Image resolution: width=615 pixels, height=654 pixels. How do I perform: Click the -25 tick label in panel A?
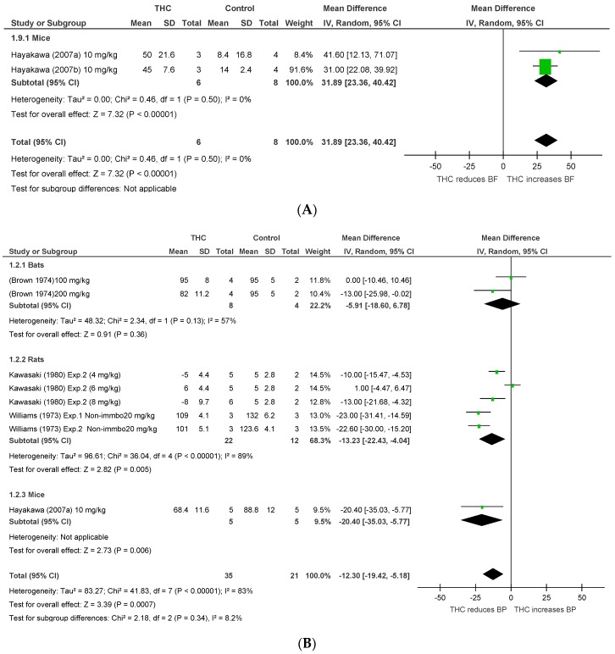468,167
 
